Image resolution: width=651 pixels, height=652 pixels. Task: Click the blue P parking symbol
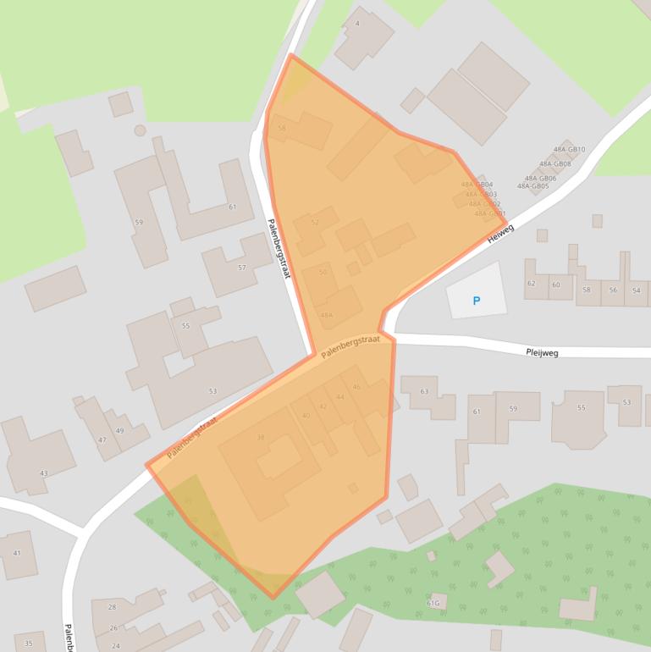point(476,301)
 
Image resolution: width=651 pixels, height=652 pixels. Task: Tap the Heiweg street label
point(500,233)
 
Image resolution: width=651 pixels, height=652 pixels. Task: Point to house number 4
point(357,24)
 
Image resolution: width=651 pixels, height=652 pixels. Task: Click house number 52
point(315,223)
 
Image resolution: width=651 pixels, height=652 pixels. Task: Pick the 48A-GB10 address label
point(569,150)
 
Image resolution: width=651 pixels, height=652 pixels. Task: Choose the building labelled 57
point(242,268)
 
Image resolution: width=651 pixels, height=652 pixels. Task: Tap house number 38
point(261,437)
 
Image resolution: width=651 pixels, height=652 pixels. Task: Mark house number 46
point(356,388)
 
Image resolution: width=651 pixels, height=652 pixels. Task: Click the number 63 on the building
point(424,391)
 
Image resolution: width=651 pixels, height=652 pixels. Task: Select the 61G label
point(433,604)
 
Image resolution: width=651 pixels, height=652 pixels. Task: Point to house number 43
point(43,473)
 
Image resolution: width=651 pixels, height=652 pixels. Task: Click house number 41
point(16,553)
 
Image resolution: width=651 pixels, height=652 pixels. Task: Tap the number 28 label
point(112,607)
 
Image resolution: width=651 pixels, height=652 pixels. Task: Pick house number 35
point(28,644)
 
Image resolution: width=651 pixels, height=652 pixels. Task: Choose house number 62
point(532,285)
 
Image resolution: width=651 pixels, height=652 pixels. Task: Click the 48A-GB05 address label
point(533,186)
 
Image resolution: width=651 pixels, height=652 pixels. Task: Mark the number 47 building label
point(102,440)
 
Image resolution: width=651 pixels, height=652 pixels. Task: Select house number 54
point(636,290)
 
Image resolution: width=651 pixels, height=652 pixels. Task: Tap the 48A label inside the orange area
point(326,315)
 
